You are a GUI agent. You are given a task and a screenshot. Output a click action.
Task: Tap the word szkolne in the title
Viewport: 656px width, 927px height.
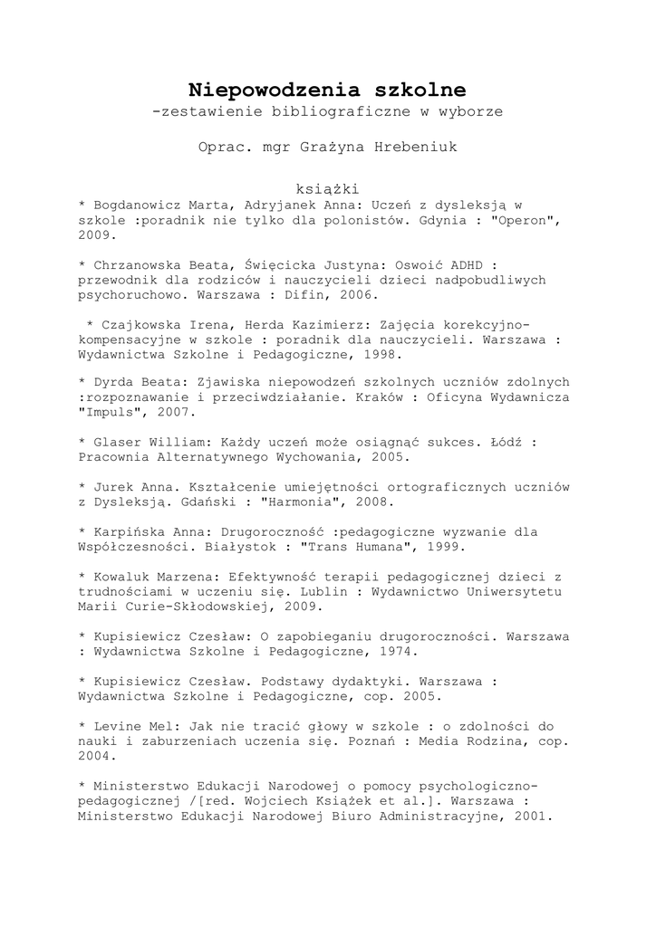pos(418,90)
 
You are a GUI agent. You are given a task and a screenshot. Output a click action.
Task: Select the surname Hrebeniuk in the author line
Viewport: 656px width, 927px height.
pos(415,147)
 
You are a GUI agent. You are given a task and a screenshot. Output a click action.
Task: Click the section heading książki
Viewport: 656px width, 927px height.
pos(327,189)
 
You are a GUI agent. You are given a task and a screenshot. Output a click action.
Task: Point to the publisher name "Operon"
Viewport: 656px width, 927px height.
pos(520,219)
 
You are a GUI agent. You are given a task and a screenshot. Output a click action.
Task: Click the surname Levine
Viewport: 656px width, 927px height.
pos(121,726)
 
